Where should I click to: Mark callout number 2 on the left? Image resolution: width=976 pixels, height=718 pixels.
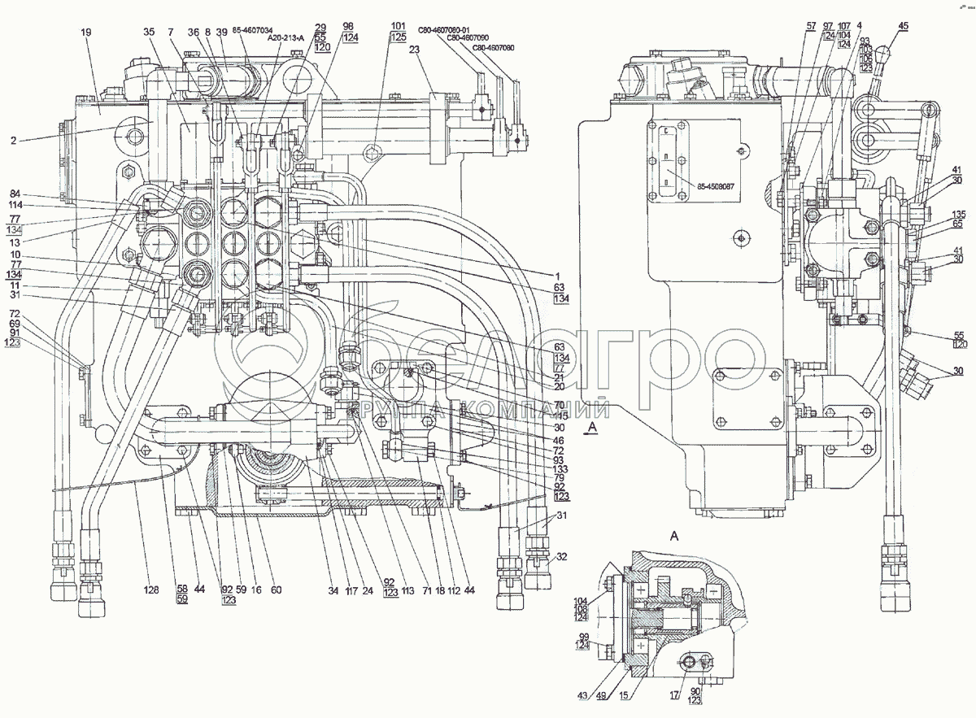(x=14, y=141)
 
